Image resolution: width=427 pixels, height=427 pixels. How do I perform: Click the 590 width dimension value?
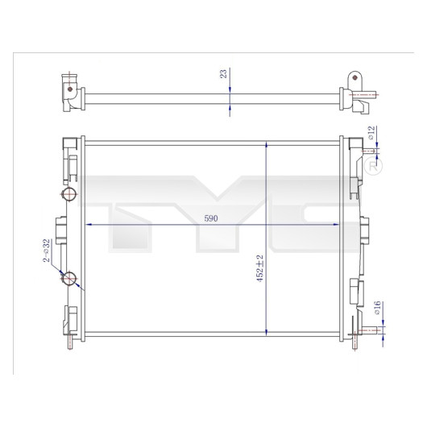[211, 218]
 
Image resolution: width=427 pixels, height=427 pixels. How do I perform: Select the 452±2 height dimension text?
[260, 268]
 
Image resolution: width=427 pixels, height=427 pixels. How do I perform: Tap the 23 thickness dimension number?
[223, 74]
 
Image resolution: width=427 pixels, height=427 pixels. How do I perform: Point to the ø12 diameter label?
[371, 133]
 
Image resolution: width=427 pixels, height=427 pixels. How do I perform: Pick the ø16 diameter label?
[377, 308]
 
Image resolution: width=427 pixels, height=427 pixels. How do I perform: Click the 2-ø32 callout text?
[47, 251]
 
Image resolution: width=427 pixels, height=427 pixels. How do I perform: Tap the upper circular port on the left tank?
[68, 194]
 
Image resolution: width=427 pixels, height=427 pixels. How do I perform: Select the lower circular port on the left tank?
[68, 278]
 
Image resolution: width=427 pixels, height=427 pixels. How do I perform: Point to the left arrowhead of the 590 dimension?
[89, 225]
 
